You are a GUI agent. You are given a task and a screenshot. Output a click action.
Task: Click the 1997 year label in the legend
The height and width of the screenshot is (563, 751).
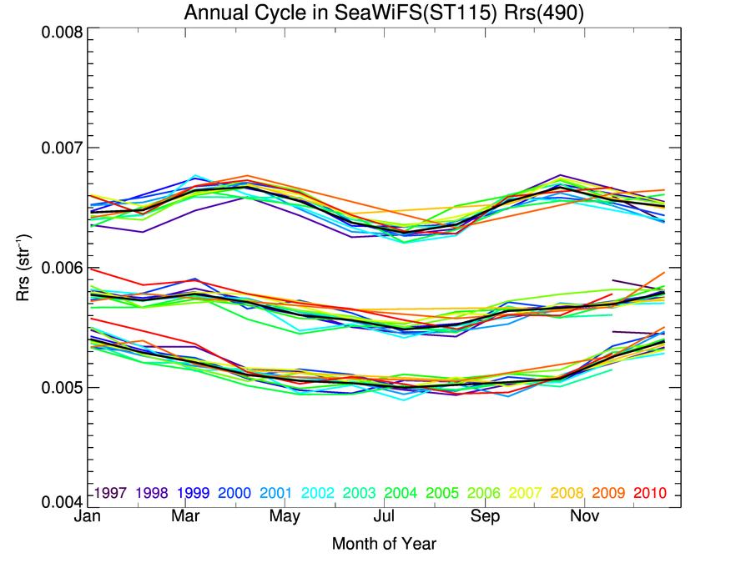110,493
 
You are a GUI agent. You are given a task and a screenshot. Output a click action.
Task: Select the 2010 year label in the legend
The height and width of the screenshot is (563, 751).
650,493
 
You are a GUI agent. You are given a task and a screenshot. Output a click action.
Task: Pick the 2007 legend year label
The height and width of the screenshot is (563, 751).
526,493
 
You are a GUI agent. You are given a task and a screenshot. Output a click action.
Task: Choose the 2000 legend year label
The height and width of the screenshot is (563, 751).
235,493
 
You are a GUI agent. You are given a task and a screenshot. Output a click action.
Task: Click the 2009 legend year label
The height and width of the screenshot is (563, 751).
609,493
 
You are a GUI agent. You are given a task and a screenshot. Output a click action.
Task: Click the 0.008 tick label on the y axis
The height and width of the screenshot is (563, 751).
62,33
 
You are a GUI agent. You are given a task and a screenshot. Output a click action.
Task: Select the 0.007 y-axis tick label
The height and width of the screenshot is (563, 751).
62,149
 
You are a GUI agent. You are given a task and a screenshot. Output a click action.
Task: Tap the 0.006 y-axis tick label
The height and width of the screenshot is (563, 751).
62,269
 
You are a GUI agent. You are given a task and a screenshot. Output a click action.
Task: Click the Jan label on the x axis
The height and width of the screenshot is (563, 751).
87,517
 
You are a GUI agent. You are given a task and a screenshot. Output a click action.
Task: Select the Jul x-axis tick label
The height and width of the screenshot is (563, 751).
385,517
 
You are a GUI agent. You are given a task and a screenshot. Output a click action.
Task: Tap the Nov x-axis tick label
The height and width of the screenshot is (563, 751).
583,517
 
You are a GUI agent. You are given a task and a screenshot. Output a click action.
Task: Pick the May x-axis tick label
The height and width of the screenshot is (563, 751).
285,517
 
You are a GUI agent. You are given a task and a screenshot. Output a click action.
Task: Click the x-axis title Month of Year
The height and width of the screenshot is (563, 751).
384,545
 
